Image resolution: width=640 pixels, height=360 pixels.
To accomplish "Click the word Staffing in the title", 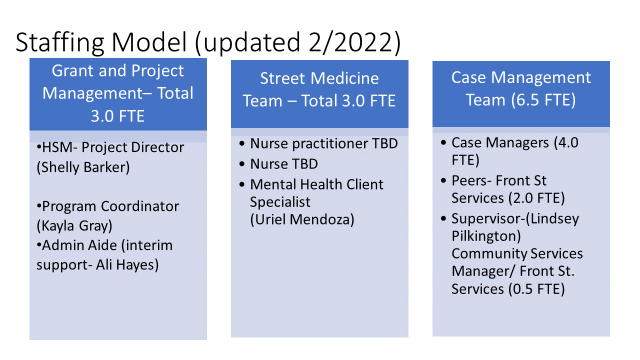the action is pyautogui.click(x=59, y=43).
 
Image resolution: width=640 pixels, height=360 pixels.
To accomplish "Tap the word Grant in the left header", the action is pyautogui.click(x=72, y=70).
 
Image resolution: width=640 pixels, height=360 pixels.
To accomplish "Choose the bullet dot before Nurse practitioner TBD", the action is pyautogui.click(x=242, y=143).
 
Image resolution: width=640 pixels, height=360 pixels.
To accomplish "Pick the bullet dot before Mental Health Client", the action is pyautogui.click(x=242, y=184).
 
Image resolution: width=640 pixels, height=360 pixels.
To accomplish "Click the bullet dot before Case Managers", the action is pyautogui.click(x=443, y=142).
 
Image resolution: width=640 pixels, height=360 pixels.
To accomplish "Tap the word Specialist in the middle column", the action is pyautogui.click(x=280, y=202).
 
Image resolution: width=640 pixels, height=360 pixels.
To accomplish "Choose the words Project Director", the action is pyautogui.click(x=133, y=147).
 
